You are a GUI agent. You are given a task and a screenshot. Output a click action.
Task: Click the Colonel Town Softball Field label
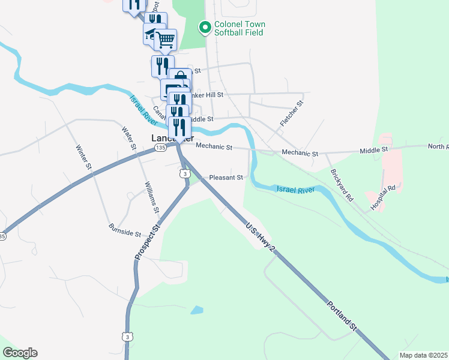point(240,28)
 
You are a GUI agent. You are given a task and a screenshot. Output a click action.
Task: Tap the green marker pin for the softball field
point(205,27)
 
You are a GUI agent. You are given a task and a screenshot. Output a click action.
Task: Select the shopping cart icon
point(166,40)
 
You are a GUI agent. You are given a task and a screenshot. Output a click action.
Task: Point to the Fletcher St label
point(292,113)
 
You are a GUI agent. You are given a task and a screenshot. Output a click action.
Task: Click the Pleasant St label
point(226,178)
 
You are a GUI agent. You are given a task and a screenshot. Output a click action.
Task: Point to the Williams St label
point(151,198)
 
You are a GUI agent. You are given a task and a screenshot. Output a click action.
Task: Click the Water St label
point(128,139)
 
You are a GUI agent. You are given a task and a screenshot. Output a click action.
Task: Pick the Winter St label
point(83,157)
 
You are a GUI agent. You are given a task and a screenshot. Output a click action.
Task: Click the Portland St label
point(342,316)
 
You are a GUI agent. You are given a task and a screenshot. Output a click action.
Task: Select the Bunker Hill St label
point(206,95)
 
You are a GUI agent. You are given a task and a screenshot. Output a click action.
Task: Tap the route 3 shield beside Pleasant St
point(185,173)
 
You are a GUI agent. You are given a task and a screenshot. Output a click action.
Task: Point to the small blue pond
point(196,310)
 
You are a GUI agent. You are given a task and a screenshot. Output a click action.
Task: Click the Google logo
point(20,353)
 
